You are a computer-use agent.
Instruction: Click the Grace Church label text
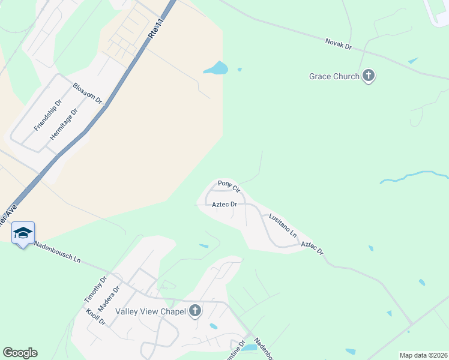334,76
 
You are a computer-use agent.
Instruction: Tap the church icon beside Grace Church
369,76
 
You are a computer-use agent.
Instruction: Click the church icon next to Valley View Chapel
194,311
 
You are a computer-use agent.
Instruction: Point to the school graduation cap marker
23,233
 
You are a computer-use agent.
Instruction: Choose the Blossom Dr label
88,94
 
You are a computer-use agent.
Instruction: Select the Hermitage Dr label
64,124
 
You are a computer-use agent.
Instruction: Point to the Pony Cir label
229,186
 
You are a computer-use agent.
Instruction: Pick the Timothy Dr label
95,289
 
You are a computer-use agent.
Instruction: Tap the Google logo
20,353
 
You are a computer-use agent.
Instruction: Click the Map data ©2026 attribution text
423,355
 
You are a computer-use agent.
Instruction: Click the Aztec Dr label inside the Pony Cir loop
224,205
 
